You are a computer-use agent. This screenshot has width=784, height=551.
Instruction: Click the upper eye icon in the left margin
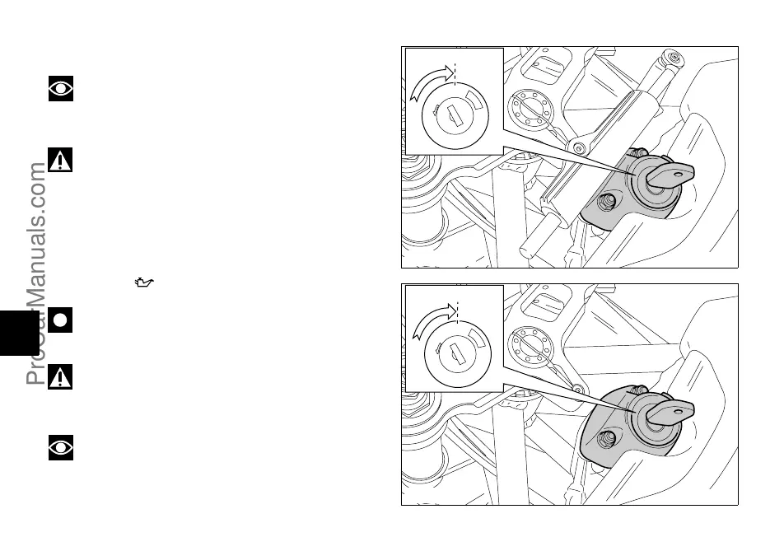click(61, 88)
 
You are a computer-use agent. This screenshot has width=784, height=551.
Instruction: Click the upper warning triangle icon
click(60, 160)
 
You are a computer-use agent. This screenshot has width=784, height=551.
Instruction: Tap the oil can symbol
click(145, 283)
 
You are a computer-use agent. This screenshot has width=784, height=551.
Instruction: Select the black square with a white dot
click(60, 320)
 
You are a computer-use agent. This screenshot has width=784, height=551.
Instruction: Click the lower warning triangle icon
click(60, 376)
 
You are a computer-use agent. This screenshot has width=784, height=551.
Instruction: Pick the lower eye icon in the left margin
click(61, 447)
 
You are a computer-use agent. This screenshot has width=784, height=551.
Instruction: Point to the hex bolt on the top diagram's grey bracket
click(607, 201)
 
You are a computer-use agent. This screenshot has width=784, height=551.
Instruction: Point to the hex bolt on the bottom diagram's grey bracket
click(607, 438)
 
